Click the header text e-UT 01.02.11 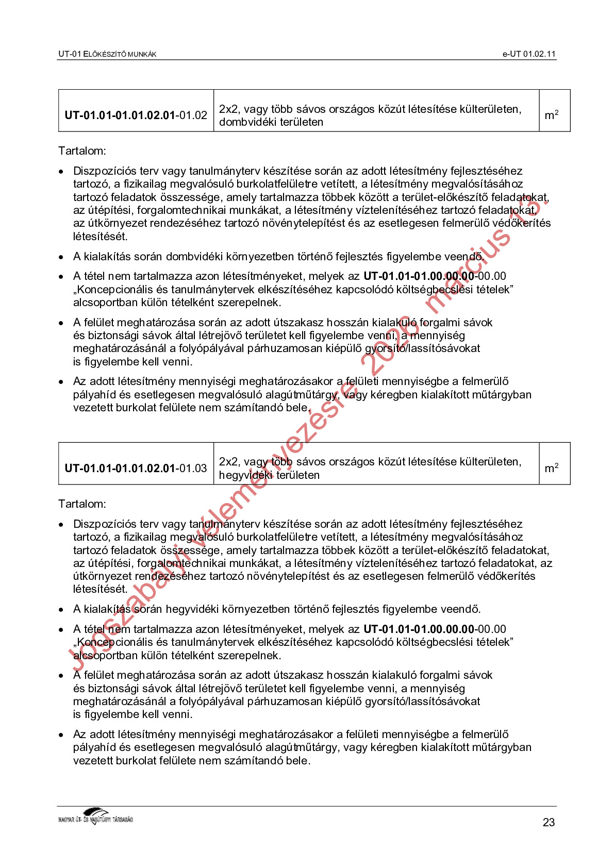[529, 54]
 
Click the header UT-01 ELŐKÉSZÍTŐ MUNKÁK [107, 54]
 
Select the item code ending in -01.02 [136, 115]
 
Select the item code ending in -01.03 [136, 468]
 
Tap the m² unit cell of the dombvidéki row [552, 115]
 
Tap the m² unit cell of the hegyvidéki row [552, 468]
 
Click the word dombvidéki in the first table [244, 122]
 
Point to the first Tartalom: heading [82, 151]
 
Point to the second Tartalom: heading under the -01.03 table [82, 504]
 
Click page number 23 [549, 822]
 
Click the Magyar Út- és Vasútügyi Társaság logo [96, 816]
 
